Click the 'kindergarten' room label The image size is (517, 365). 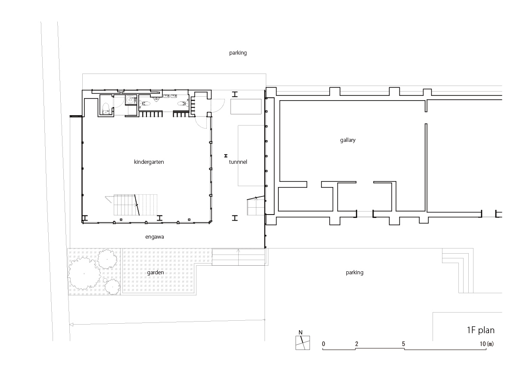[149, 162]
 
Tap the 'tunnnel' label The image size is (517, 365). [238, 162]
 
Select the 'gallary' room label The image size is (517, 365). [348, 140]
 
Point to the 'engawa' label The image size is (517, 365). [154, 237]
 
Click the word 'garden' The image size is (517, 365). [156, 273]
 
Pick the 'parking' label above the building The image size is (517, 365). [238, 53]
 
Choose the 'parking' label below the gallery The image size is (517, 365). [355, 273]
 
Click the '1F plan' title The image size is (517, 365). [481, 330]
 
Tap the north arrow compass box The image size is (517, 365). [302, 343]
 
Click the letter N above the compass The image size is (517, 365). [300, 332]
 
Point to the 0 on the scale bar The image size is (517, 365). [324, 344]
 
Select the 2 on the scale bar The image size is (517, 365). [357, 344]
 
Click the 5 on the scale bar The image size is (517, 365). [403, 344]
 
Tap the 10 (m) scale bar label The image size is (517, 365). [487, 344]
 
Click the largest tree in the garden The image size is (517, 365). [84, 273]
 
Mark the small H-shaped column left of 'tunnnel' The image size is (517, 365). [226, 156]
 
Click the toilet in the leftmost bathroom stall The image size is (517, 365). [106, 109]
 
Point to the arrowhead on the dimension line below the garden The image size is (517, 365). [72, 325]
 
